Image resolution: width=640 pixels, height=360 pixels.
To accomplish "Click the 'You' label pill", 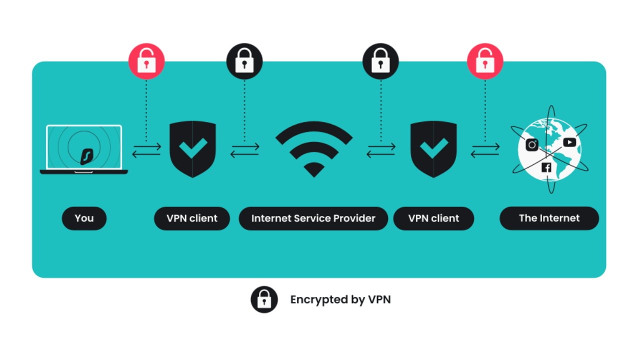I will [84, 218].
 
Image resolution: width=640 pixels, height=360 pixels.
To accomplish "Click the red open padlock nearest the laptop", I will [146, 61].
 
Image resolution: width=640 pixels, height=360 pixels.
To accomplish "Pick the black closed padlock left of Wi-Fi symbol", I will [244, 61].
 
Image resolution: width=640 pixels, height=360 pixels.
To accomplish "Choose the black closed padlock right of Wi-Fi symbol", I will [380, 61].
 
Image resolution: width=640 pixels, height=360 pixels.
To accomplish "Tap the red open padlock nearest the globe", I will [485, 61].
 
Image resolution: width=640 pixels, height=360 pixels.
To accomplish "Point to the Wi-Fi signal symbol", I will [313, 149].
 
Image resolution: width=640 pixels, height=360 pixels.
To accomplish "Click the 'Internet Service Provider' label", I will [313, 218].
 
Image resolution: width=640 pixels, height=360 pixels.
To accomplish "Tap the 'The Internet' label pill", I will [549, 218].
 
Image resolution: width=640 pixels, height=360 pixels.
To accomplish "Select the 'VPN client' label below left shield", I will [192, 218].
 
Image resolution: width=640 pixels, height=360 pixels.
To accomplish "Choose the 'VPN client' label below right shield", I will [433, 218].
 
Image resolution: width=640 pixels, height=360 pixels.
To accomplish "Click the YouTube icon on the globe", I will [569, 142].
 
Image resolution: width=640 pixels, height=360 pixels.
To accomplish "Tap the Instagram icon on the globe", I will [532, 145].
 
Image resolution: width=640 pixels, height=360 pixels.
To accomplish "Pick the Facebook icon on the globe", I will [546, 167].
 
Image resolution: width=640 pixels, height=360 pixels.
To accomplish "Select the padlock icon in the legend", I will [264, 299].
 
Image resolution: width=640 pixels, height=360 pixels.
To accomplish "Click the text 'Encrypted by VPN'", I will [340, 300].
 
